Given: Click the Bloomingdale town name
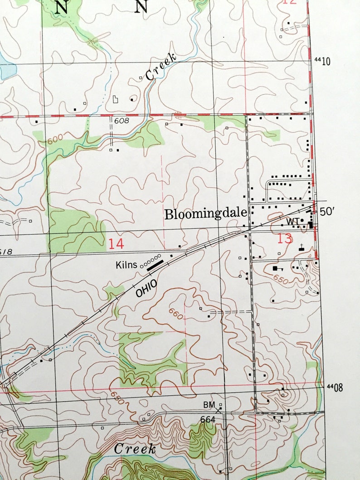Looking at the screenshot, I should click(205, 214).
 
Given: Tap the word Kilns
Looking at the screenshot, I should click(126, 265).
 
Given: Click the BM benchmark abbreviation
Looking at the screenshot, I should click(208, 404).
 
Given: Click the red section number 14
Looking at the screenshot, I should click(116, 243).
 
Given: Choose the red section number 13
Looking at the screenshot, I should click(285, 238).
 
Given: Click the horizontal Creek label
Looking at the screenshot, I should click(135, 449).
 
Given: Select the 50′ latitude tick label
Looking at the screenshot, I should click(326, 212).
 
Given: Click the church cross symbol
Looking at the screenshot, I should click(301, 247).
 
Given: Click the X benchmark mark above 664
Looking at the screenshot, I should click(219, 410).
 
